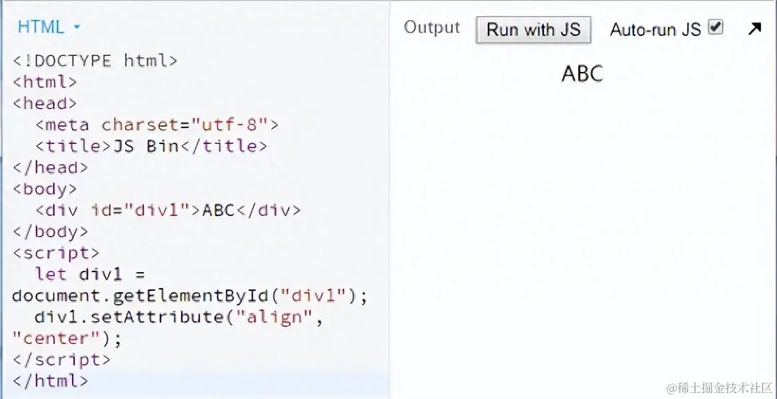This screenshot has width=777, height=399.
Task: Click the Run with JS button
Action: tap(533, 29)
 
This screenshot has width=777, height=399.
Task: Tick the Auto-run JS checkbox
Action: tap(716, 27)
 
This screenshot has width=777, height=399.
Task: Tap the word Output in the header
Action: tap(432, 28)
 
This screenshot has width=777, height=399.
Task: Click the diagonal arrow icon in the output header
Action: tap(754, 29)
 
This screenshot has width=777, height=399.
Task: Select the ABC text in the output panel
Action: tap(582, 73)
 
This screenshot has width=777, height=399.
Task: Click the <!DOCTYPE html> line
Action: tap(95, 61)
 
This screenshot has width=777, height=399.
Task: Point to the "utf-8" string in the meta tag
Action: tap(229, 125)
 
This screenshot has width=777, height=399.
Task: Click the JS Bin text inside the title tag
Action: tap(145, 146)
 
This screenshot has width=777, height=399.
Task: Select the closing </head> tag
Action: tap(50, 167)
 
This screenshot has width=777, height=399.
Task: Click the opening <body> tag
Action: tap(45, 189)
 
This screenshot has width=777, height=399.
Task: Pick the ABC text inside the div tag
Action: tap(219, 210)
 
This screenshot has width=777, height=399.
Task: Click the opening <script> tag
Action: tap(55, 253)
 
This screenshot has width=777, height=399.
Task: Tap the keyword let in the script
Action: tap(51, 274)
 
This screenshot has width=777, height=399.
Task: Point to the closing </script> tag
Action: tap(61, 360)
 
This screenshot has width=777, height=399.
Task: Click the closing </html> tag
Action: tap(50, 381)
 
